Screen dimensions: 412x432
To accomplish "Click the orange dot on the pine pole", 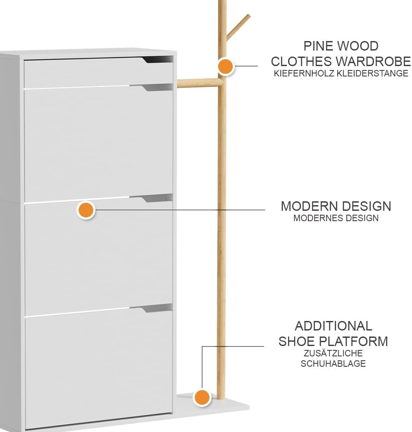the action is [x=225, y=66].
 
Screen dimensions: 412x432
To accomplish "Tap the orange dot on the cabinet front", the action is [x=86, y=210].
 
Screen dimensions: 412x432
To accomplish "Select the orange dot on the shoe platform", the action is [x=202, y=397].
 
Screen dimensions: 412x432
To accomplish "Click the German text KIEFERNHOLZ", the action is [x=304, y=73].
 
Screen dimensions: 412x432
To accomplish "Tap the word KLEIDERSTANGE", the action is [x=372, y=73].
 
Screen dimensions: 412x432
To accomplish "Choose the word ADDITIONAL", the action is [x=333, y=326].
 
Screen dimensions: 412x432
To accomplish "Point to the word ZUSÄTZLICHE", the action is [x=333, y=353].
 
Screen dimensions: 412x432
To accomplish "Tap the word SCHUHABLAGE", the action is [x=333, y=364].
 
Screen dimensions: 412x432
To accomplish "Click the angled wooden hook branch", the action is [x=238, y=27].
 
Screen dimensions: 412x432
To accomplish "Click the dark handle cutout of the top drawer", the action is [x=158, y=60].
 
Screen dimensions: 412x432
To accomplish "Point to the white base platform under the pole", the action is [x=212, y=407].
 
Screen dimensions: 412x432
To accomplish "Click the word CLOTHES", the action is [x=300, y=61].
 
